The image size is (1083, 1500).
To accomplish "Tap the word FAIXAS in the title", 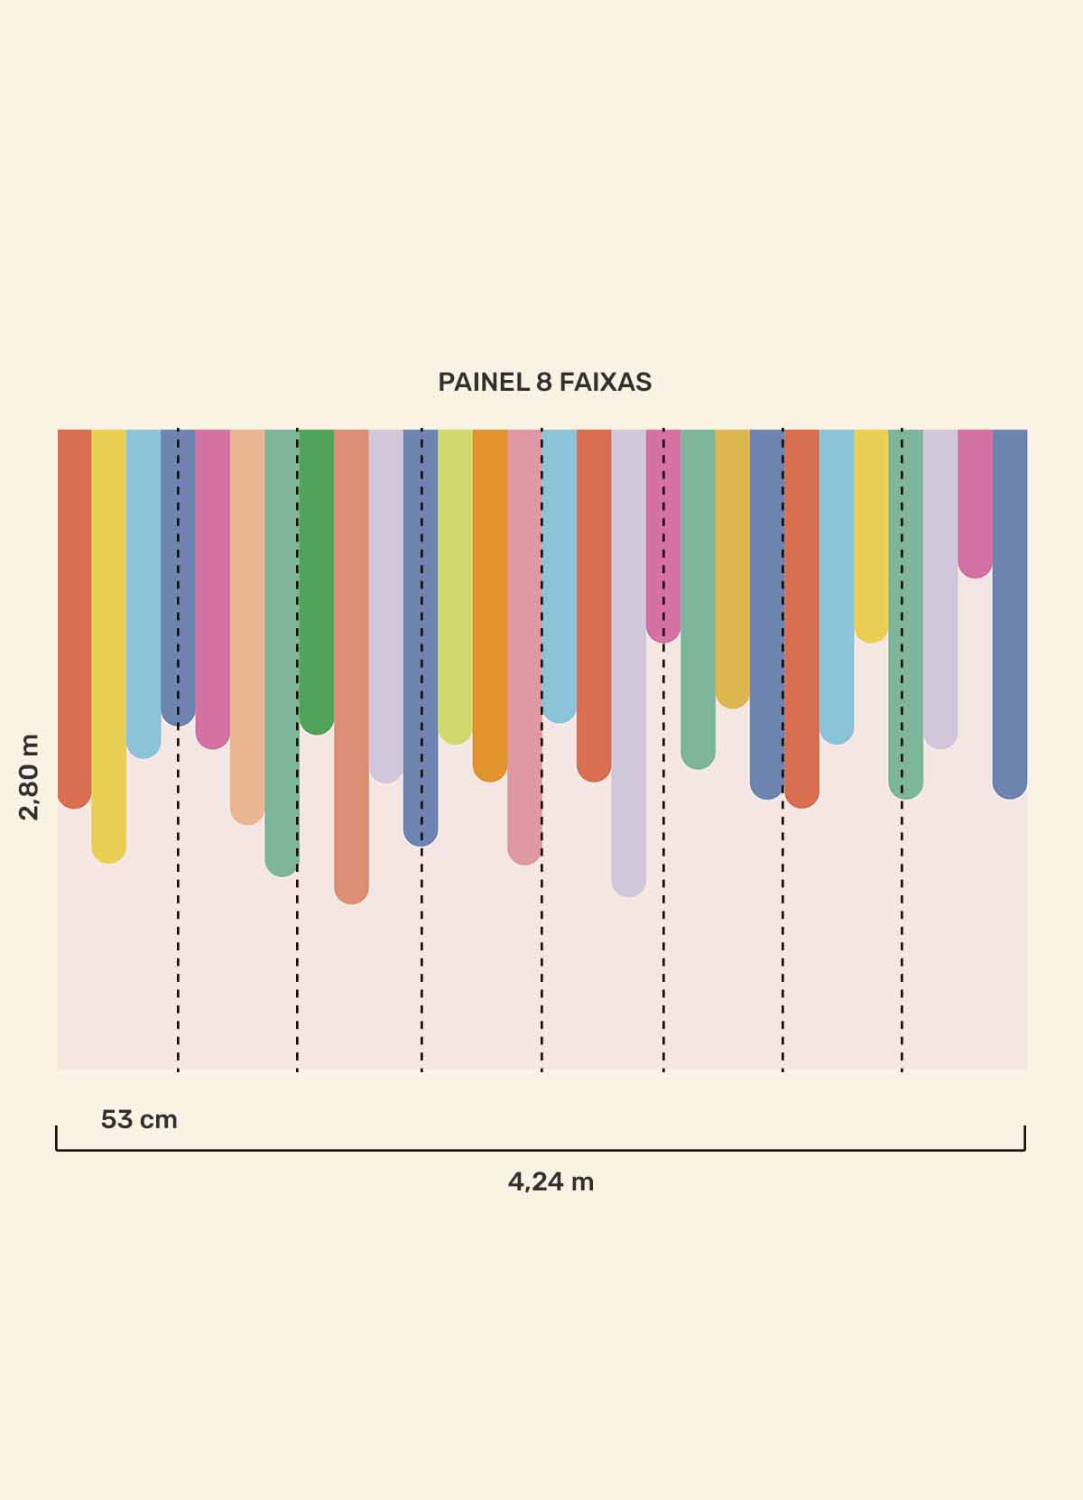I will (x=605, y=383).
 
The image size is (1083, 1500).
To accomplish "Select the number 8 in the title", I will (x=543, y=383).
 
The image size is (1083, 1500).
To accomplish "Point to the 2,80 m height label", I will (x=30, y=776).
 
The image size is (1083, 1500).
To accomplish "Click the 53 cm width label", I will (x=139, y=1120).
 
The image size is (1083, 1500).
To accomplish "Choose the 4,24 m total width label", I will (x=551, y=1181).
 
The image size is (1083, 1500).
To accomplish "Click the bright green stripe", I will (x=316, y=578).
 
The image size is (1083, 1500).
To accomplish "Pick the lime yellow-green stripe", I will (x=455, y=578).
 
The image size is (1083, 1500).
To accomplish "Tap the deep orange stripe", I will (x=490, y=596).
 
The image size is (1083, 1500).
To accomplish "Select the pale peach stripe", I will (x=246, y=623).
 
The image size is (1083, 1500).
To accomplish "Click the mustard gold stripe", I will (x=732, y=560).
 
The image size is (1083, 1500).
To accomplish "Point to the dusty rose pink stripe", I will (x=524, y=641).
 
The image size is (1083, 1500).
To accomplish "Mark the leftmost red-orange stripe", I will (x=74, y=614).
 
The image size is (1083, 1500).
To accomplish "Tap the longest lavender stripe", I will (x=628, y=659).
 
